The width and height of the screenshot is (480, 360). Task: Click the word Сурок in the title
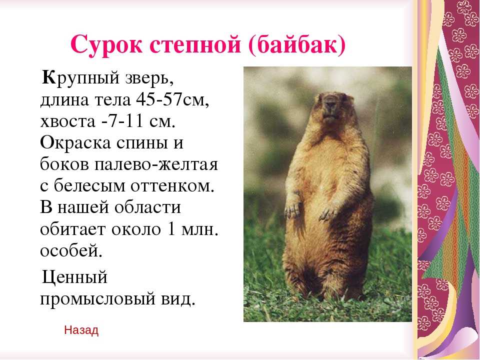[x=106, y=45]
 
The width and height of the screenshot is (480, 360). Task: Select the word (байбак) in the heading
[x=297, y=45]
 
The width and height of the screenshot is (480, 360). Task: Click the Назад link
[x=81, y=330]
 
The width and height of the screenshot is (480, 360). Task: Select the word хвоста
[x=67, y=121]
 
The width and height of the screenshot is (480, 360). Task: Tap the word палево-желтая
[x=156, y=164]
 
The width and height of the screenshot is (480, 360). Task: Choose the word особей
[x=71, y=250]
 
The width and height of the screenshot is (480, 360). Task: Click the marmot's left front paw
[x=328, y=213]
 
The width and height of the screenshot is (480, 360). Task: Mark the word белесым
[x=89, y=186]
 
